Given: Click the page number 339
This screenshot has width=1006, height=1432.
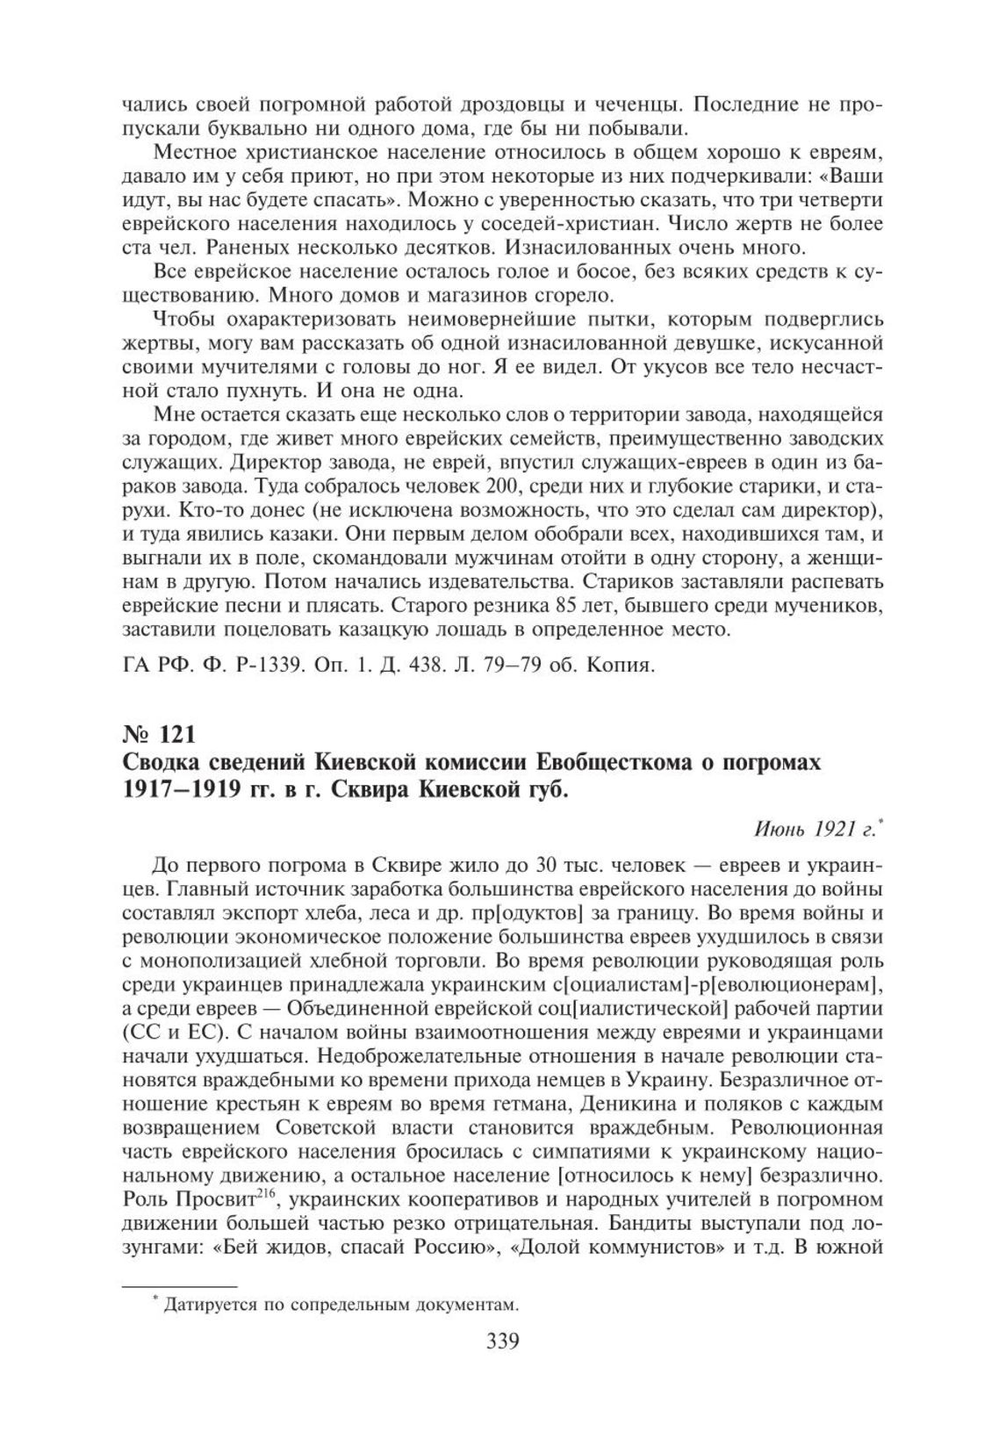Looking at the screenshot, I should click(x=502, y=1342).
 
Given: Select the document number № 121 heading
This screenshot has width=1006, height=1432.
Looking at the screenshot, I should click(x=158, y=732).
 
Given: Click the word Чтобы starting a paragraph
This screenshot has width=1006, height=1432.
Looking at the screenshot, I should click(x=182, y=319).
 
